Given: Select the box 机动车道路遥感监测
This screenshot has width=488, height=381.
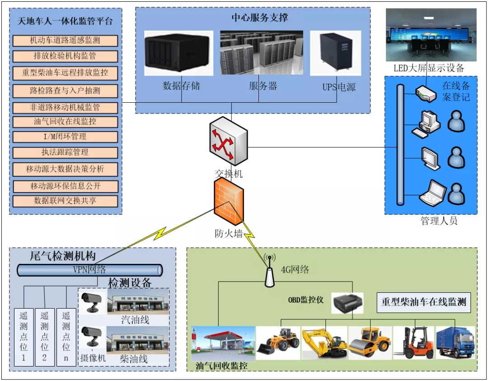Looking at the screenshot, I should tap(65, 41).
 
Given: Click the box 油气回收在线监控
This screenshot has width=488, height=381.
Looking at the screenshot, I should tap(65, 122).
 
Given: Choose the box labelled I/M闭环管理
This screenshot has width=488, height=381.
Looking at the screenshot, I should tap(65, 137).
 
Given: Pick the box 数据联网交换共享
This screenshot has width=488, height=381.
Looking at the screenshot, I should tap(65, 201).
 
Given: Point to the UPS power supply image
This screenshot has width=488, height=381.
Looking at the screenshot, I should tap(335, 52).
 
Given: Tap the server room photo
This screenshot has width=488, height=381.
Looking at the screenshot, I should tap(261, 52).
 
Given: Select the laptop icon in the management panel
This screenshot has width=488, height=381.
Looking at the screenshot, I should tap(432, 192).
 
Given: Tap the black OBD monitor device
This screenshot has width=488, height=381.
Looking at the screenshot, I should tap(347, 302).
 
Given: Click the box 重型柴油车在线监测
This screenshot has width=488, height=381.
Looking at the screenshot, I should tap(423, 302).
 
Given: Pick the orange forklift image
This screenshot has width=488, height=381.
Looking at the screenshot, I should tap(413, 343).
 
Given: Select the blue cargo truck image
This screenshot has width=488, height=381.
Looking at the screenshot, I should tap(455, 343).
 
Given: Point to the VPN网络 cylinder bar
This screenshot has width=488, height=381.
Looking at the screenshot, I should tap(89, 270).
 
